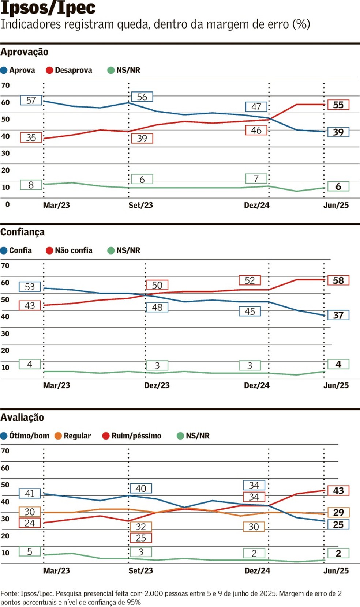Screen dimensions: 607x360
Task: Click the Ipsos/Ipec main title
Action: coord(48,8)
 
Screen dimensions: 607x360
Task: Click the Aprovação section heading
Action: coord(25,52)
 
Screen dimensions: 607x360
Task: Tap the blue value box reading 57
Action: coord(31,100)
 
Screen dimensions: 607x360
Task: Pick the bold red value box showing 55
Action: coord(338,105)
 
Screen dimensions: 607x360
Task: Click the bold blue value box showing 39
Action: coord(338,132)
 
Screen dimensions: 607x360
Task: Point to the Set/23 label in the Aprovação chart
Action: coord(140,205)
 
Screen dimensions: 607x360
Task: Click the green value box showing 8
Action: coord(31,185)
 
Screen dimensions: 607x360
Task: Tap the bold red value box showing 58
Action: coord(338,280)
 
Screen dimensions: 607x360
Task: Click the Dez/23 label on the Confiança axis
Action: coord(157,385)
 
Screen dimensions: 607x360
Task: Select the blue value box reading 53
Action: coord(30,287)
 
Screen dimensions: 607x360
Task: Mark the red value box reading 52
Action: coord(250,280)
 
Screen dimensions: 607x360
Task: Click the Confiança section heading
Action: coord(23,232)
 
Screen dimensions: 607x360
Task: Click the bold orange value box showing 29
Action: coord(338,512)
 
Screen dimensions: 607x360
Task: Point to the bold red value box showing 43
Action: coord(338,491)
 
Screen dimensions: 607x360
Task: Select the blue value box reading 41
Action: coord(30,494)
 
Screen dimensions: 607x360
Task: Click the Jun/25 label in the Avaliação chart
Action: coord(336,571)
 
